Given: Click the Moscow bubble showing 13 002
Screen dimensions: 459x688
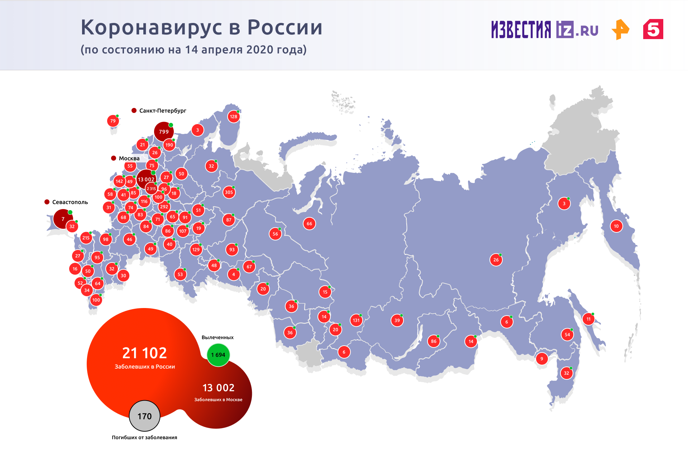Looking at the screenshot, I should tap(146, 179).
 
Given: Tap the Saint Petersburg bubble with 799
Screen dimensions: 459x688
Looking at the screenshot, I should tap(164, 132).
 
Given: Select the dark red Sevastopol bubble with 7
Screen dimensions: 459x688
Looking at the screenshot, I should tap(63, 219).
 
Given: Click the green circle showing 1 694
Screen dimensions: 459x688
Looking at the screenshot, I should tap(218, 355).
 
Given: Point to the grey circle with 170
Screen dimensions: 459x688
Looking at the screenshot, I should tap(144, 416).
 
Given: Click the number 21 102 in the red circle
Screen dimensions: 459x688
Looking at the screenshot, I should tap(144, 353).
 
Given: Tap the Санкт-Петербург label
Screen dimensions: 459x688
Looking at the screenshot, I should tap(163, 110).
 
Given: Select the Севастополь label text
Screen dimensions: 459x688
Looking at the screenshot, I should tap(70, 202).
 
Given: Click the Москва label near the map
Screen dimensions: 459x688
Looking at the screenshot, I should tap(129, 158).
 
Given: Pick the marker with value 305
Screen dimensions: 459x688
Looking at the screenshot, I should tap(229, 192).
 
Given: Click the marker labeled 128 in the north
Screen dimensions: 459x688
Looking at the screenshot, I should tap(234, 117).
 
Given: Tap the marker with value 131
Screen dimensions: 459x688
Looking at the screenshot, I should tap(356, 320).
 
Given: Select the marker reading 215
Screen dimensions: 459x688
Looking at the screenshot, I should tap(86, 238).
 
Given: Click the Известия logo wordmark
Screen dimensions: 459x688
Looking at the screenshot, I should tap(521, 29).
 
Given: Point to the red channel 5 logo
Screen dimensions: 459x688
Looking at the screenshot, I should tap(653, 29).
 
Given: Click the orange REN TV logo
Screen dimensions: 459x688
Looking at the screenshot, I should tap(620, 29).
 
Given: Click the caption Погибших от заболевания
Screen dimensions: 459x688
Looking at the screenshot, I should tap(144, 437).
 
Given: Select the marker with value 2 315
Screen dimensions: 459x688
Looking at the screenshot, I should tap(151, 189).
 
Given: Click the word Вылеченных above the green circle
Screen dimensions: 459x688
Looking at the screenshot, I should tap(218, 337).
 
